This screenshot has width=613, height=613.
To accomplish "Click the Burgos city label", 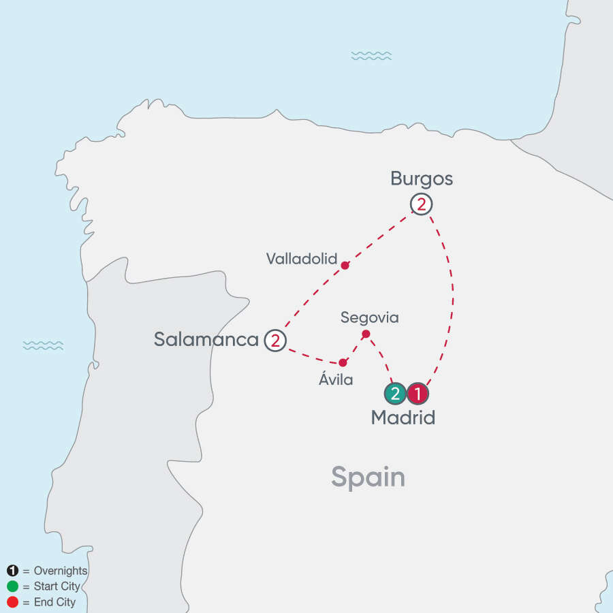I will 422,179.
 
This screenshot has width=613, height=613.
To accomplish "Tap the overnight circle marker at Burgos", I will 422,204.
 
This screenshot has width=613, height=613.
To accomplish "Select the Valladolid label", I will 302,258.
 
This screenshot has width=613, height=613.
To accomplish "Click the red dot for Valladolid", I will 345,265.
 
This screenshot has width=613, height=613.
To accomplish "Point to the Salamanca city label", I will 206,339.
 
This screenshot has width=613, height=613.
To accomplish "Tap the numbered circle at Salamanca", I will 275,339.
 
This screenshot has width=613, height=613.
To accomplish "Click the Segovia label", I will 369,317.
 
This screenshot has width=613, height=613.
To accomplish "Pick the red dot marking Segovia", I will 366,334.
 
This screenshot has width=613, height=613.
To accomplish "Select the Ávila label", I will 336,380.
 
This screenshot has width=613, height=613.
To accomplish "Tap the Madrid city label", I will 403,418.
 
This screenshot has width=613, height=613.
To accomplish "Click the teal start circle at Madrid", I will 396,393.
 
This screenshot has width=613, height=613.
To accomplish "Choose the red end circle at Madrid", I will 418,393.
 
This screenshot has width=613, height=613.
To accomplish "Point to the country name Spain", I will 368,477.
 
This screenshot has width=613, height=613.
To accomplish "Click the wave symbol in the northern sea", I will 371,56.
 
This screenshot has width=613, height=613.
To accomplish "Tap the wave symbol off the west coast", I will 43,345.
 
